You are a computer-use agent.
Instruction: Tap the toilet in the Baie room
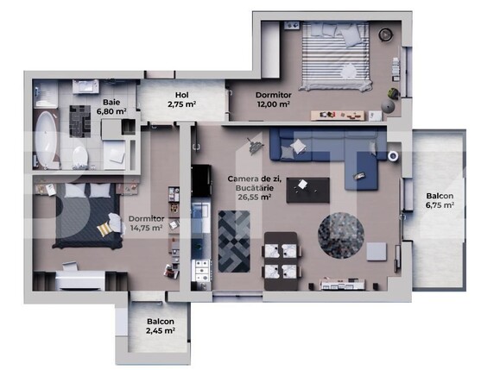click(x=79, y=155)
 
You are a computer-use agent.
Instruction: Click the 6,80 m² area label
click(x=111, y=111)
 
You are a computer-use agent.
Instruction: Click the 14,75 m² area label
click(x=145, y=230)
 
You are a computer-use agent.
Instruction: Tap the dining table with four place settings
click(x=282, y=259)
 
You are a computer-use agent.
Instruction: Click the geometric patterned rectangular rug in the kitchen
click(x=233, y=239)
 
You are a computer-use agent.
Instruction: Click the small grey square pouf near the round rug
click(x=376, y=251)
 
